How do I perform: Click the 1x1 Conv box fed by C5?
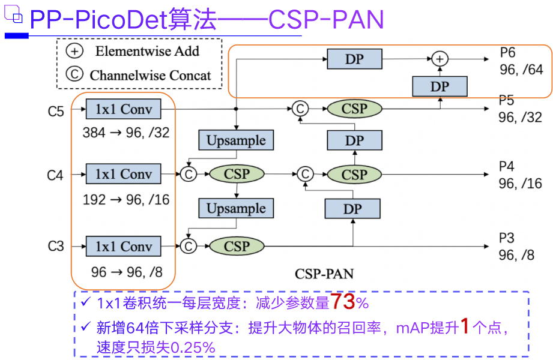pos(123,109)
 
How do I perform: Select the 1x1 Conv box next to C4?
pos(123,175)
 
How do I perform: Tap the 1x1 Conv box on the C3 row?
pos(123,246)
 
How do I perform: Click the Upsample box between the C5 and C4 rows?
pos(236,140)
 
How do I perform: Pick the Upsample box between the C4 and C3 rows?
pos(236,209)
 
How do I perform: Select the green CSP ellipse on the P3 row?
pos(237,246)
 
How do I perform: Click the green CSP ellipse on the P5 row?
pos(354,109)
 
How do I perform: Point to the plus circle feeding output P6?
pos(440,59)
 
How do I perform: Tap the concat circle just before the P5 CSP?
pos(300,109)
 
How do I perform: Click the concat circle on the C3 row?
pos(189,246)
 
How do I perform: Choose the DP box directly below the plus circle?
pos(440,86)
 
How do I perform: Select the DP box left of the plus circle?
pos(354,59)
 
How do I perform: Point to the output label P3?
pos(507,239)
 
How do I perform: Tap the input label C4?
pos(55,175)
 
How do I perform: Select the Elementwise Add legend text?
pos(147,51)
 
